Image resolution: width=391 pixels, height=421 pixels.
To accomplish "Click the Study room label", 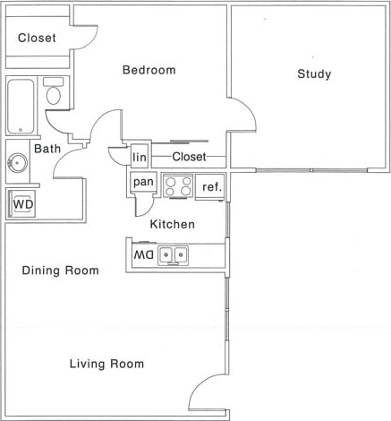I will click(314, 74).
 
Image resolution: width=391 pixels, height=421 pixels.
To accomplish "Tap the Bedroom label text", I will click(149, 70).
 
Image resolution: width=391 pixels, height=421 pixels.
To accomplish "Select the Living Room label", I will click(107, 364).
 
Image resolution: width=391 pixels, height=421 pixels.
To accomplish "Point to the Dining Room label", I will click(61, 271).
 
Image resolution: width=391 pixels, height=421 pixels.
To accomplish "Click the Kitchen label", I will click(172, 224).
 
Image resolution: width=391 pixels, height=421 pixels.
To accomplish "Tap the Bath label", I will click(47, 149).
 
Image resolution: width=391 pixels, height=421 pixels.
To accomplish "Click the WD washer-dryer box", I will click(22, 204).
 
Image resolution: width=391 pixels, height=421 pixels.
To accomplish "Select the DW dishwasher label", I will click(143, 255).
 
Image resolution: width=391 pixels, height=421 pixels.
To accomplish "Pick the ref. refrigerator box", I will click(211, 186).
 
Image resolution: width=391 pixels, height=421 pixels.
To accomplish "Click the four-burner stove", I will click(179, 185).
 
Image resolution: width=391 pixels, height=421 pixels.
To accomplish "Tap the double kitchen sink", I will click(174, 256).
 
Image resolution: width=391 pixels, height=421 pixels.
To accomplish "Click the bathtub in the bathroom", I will click(20, 106).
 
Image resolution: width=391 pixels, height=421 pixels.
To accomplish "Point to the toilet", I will click(54, 93).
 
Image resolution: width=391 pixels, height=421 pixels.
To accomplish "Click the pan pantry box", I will click(142, 183).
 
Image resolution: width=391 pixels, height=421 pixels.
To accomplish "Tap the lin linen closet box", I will click(139, 157).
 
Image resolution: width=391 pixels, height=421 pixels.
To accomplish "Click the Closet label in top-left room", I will click(37, 39).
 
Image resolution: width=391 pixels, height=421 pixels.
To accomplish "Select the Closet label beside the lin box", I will click(188, 157).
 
